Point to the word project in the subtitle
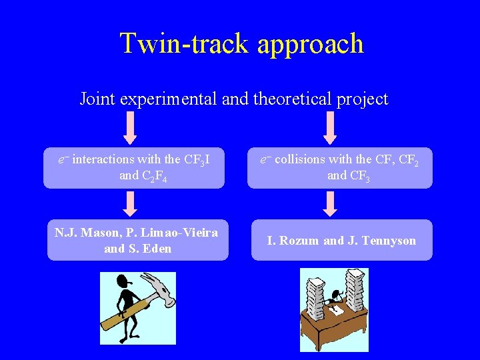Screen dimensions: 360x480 362,100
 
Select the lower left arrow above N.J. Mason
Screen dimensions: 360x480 131,203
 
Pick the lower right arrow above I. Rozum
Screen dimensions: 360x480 330,203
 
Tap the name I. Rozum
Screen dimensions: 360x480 293,241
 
